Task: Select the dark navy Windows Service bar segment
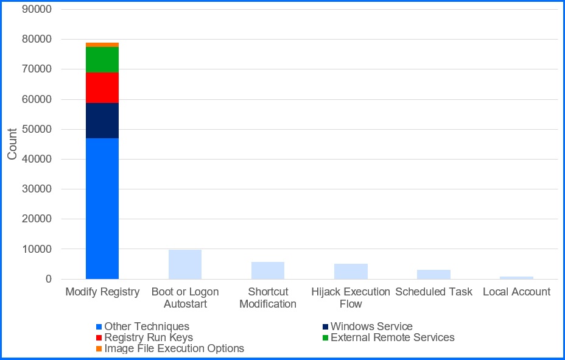point(102,121)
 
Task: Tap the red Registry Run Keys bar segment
point(102,88)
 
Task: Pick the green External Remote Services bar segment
point(102,60)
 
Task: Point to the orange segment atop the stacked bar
point(102,45)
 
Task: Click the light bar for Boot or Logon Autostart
point(185,264)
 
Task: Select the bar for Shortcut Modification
point(268,270)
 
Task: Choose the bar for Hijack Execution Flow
point(351,271)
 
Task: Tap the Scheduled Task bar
point(434,274)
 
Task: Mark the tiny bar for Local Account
point(516,278)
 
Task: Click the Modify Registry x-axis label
point(102,292)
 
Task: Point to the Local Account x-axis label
point(516,292)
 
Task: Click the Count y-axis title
point(12,144)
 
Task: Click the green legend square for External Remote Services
point(326,337)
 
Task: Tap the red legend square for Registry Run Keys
point(99,337)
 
